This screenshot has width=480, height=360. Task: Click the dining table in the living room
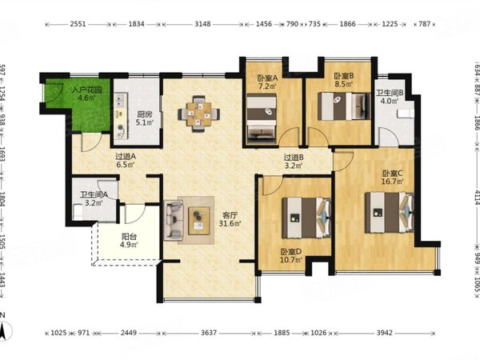(198, 114)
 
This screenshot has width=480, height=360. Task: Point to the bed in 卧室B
(344, 106)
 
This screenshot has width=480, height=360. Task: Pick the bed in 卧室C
(390, 212)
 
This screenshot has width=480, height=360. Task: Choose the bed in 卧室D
(306, 218)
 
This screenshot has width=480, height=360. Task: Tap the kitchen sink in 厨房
(120, 100)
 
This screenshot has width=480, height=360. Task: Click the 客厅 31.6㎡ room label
(230, 220)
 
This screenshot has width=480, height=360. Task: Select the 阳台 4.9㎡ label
(129, 240)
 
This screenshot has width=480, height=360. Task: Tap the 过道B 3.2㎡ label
(294, 162)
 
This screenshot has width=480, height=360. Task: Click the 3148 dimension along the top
(202, 24)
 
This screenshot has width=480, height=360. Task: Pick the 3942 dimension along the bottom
(385, 333)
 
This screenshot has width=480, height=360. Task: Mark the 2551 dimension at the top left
(78, 24)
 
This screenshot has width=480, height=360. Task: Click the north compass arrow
(3, 330)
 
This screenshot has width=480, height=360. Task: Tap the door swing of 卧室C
(344, 161)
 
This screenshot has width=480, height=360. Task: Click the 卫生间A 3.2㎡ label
(94, 198)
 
